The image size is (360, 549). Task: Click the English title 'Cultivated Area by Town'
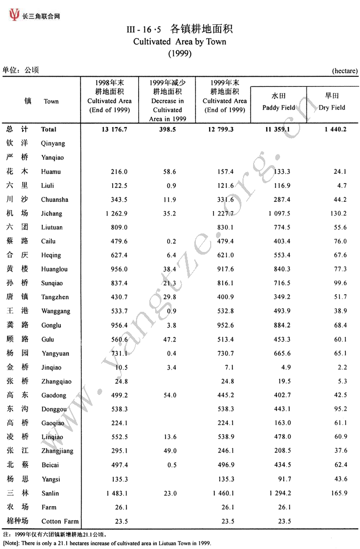tap(179, 41)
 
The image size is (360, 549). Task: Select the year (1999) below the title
tap(179, 53)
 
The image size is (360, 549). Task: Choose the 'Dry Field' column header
tap(332, 107)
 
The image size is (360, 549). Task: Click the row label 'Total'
tap(48, 129)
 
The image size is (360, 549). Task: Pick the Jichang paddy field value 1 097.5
tap(276, 213)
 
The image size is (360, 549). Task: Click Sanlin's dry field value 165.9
tap(338, 493)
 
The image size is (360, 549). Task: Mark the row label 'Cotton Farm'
tap(59, 521)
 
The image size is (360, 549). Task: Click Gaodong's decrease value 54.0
tap(168, 395)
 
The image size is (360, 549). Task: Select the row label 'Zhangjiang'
tap(57, 452)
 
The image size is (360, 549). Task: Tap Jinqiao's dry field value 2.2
tap(341, 367)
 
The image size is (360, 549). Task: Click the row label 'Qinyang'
tap(53, 143)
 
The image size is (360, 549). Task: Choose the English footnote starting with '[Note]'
tap(107, 543)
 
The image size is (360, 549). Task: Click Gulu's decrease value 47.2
tap(168, 339)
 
